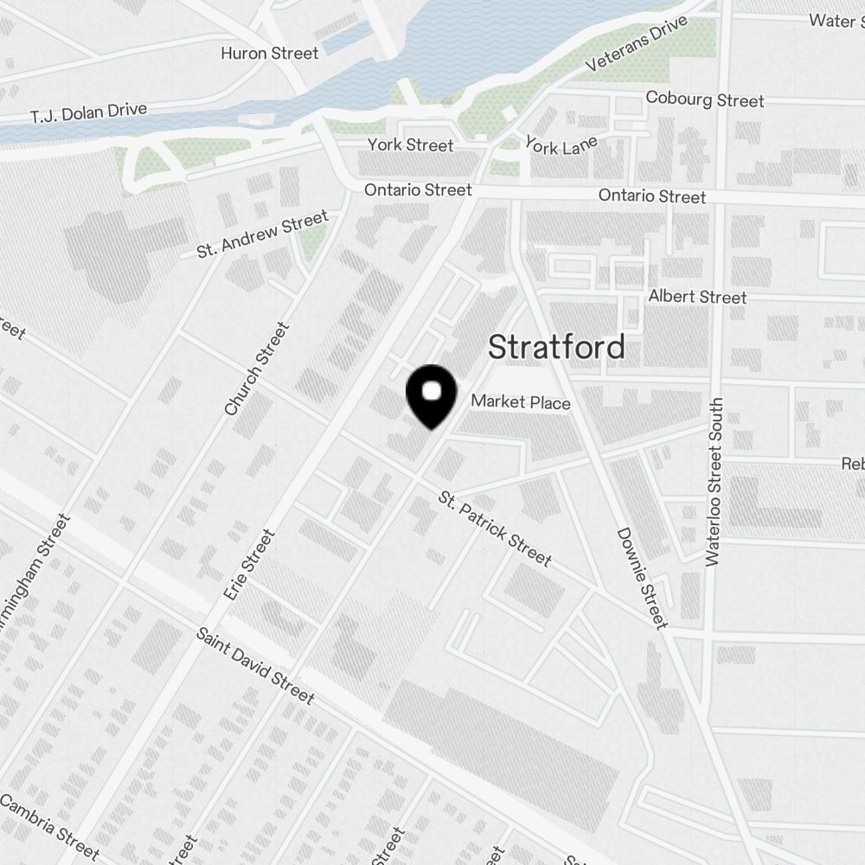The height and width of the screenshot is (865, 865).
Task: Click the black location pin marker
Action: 431,395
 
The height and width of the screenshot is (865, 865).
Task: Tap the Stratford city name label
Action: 556,348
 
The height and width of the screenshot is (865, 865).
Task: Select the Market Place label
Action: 521,402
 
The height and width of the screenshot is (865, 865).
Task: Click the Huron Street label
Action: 270,53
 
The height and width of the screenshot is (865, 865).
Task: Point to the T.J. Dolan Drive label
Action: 88,112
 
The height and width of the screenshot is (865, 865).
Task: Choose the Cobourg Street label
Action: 705,99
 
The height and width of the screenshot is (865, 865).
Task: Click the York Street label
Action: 410,144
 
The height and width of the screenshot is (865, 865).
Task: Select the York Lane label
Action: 561,145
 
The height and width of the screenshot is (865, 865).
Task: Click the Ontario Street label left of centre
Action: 419,189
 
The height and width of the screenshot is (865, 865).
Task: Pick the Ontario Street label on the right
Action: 652,196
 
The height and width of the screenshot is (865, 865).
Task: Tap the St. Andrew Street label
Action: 263,234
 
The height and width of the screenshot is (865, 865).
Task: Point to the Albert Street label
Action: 697,297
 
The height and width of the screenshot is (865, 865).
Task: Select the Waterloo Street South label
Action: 714,482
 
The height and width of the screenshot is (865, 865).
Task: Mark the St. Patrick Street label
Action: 495,529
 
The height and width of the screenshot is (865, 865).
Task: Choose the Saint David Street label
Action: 254,664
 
